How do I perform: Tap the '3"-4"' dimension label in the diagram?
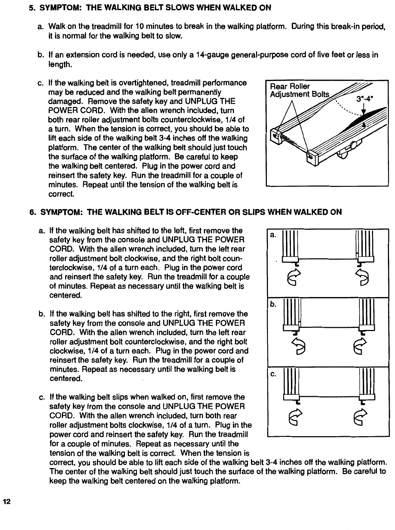coord(366,96)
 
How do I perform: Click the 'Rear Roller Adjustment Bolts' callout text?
coord(299,90)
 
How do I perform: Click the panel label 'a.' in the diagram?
coord(273,234)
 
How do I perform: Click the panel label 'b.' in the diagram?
coord(273,304)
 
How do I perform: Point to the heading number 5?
coord(31,7)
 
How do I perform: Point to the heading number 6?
coord(31,212)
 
